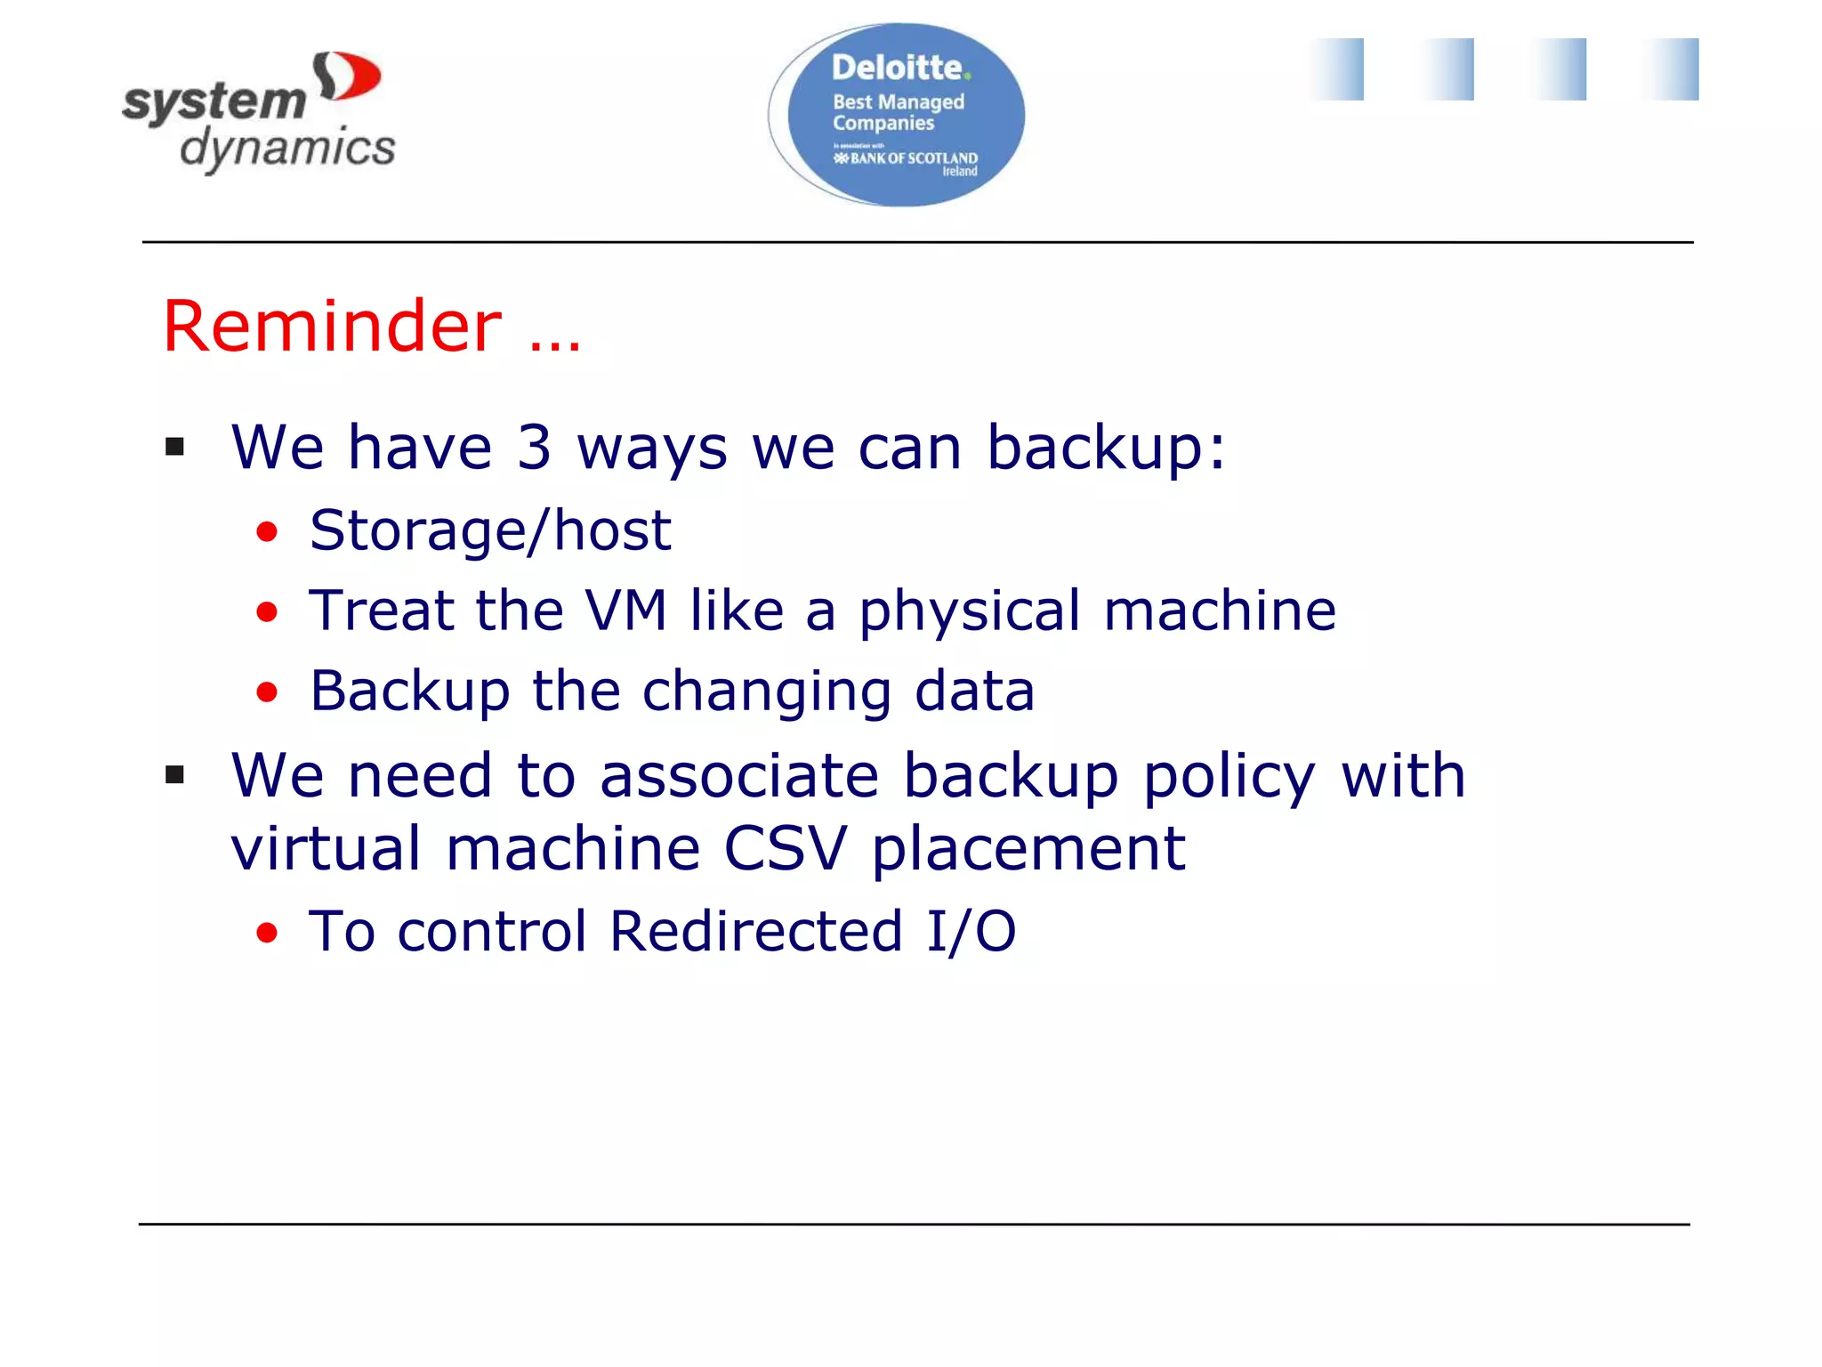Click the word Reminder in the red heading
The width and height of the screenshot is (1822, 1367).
pos(332,327)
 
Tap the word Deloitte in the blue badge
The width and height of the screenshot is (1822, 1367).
pos(897,68)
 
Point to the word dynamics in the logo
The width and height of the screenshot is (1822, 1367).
pos(287,148)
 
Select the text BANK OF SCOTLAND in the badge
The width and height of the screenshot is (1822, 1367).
pos(913,158)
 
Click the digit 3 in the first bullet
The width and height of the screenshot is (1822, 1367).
pos(534,447)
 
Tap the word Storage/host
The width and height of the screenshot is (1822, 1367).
pos(490,531)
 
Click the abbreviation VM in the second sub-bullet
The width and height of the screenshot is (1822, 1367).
pos(625,611)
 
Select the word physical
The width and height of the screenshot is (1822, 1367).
pos(969,612)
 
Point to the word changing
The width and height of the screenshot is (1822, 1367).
pos(766,692)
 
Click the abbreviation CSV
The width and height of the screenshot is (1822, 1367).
pos(785,848)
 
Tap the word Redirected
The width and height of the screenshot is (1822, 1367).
pos(756,932)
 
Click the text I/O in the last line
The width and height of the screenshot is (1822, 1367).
pos(970,932)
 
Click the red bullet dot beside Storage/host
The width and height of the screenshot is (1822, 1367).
pos(267,532)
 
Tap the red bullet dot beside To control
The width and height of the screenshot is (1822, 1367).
pos(267,933)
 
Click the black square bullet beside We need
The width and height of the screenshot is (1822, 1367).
pos(175,775)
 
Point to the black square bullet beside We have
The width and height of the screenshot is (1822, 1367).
pos(175,447)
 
